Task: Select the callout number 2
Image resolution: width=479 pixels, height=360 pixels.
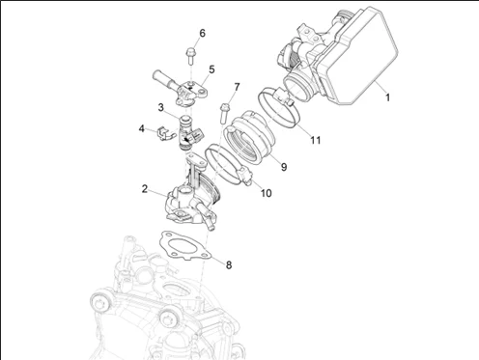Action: pos(146,188)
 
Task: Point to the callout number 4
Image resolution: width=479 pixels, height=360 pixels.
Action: pos(141,127)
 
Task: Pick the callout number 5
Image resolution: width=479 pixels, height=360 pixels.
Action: pos(211,69)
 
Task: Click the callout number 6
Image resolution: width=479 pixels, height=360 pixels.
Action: pos(202,34)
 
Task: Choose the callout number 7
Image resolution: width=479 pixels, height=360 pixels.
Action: pos(237,87)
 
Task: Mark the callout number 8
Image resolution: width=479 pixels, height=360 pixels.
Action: pos(228,263)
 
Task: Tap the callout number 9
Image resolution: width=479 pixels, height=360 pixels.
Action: pos(284,166)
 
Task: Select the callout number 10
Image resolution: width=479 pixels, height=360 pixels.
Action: pos(265,192)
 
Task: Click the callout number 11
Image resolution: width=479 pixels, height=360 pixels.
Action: pos(315,141)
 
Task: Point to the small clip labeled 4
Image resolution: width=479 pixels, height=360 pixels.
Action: pos(160,128)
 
